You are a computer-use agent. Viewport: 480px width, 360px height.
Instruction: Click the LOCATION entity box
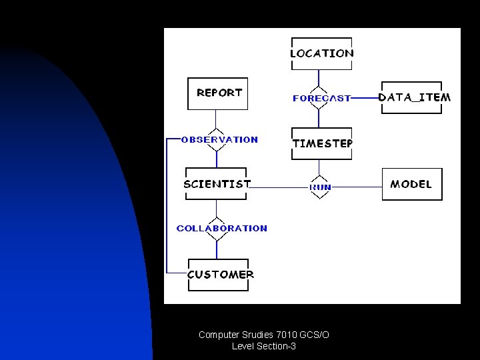[x=322, y=53]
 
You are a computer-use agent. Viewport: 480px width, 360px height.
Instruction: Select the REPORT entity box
[x=219, y=93]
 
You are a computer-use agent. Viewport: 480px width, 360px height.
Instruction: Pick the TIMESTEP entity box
[x=322, y=143]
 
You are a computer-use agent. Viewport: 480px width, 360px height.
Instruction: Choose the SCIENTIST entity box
[x=217, y=184]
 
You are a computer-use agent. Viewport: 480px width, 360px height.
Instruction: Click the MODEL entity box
[x=411, y=184]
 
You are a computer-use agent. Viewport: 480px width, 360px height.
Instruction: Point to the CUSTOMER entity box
[x=219, y=275]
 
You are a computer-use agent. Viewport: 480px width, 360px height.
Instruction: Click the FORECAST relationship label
[x=321, y=99]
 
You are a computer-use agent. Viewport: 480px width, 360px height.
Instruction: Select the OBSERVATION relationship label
[x=219, y=140]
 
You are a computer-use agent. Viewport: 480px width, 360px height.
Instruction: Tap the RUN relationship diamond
[x=320, y=187]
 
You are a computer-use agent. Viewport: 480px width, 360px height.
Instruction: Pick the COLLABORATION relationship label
[x=221, y=228]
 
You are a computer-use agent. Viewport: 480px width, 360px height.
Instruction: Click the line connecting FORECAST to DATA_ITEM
[x=365, y=98]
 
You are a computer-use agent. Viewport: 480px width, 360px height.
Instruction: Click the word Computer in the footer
[x=218, y=335]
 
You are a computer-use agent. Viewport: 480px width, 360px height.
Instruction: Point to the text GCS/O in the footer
[x=314, y=335]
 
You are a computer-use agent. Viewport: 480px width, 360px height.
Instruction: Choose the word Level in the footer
[x=243, y=346]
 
